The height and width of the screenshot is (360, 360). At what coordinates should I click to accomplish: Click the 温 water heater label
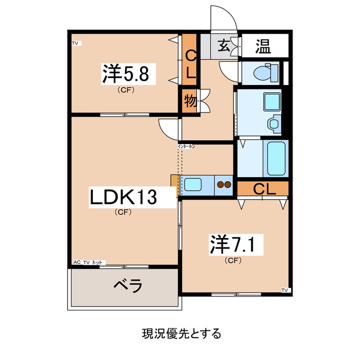click(263, 46)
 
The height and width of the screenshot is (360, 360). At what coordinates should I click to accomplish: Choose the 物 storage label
click(190, 101)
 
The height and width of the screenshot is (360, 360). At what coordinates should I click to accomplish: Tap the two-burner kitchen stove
click(224, 183)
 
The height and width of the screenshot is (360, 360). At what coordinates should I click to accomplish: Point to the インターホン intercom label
click(186, 146)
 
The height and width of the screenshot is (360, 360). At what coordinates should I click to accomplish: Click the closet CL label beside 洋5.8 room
click(190, 64)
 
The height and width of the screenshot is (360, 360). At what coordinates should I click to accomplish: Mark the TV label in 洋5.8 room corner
click(75, 43)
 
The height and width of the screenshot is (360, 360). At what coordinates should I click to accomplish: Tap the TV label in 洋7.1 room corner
click(284, 290)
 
